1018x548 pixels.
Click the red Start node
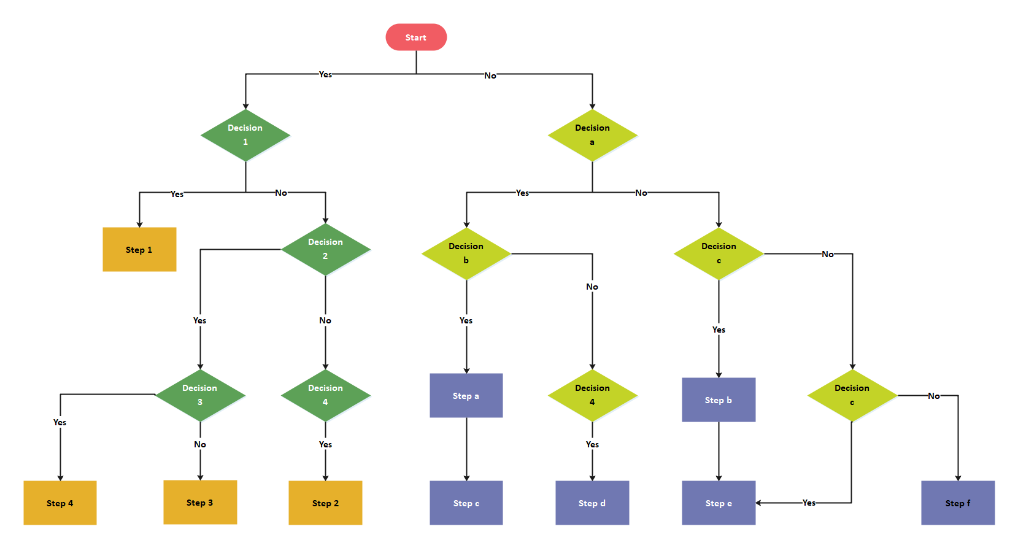[x=416, y=37]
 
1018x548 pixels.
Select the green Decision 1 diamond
[x=245, y=135]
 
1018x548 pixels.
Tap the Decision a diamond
[x=592, y=135]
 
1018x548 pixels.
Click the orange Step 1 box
[x=139, y=250]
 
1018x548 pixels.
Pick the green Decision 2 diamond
[x=325, y=249]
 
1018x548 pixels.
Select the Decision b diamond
[x=466, y=253]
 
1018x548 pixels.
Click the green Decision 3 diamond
[x=200, y=395]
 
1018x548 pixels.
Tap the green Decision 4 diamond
[x=325, y=395]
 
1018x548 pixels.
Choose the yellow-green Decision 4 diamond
[x=592, y=395]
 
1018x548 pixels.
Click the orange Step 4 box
[x=60, y=503]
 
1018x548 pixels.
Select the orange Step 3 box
[x=200, y=503]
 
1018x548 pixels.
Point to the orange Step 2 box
[x=325, y=503]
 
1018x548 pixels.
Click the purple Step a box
[x=466, y=396]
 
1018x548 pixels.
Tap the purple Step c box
[x=466, y=503]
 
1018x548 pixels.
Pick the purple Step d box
[x=592, y=503]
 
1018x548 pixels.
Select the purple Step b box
[x=719, y=400]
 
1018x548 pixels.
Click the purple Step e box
[x=719, y=503]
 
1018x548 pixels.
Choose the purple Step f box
[x=958, y=503]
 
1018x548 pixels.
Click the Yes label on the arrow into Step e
[x=809, y=503]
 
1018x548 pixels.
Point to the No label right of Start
[x=490, y=75]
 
